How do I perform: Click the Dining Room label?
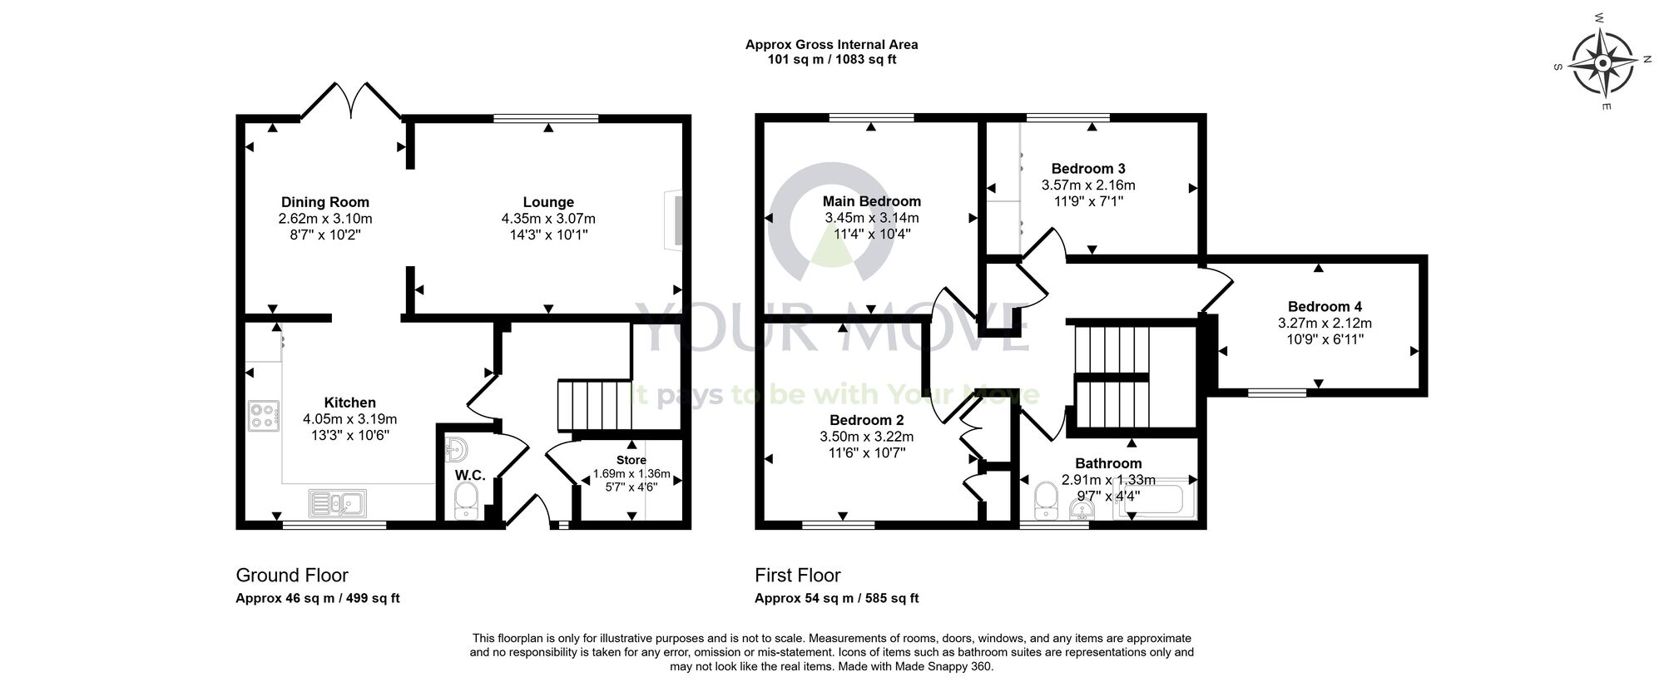coord(324,202)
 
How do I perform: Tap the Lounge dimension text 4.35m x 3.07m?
coord(548,219)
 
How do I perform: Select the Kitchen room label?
coord(349,403)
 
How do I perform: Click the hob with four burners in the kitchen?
coord(263,416)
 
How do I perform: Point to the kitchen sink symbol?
coord(337,502)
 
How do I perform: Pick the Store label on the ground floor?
coord(631,460)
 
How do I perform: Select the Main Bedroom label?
coord(871,201)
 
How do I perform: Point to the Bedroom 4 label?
coord(1325,306)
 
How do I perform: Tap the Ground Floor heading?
coord(292,576)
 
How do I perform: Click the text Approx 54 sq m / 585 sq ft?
coord(836,598)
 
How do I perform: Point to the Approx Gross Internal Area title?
coord(831,45)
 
